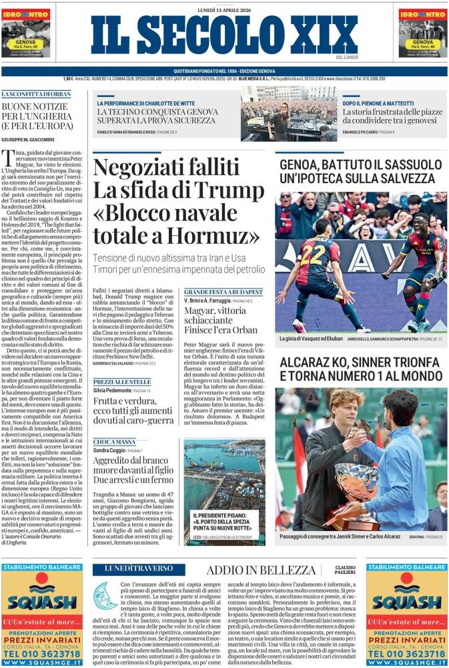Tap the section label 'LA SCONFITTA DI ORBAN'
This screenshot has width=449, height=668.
[35, 94]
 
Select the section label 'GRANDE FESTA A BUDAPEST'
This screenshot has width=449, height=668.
[223, 293]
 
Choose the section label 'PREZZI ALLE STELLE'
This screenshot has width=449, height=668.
[117, 381]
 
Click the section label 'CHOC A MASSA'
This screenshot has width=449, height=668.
[111, 442]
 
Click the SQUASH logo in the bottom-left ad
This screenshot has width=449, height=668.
[41, 603]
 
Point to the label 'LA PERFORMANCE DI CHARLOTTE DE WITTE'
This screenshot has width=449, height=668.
[145, 104]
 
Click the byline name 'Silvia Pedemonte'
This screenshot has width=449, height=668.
[112, 389]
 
